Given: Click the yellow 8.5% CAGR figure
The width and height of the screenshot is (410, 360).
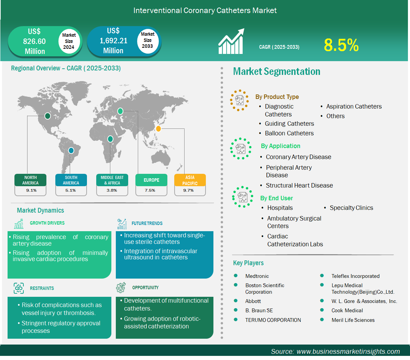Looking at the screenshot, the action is (x=341, y=45).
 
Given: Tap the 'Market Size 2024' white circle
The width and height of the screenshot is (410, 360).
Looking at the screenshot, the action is (x=69, y=41).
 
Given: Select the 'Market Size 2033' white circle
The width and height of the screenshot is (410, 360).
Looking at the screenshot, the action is (x=147, y=41).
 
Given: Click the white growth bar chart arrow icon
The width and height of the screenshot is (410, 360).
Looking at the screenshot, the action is (x=231, y=41).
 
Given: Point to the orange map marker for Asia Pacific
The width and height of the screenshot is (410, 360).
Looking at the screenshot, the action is (x=158, y=128).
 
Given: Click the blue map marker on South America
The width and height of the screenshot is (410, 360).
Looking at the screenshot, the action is (x=71, y=150).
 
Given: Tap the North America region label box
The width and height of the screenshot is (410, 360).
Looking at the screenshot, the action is (x=30, y=180).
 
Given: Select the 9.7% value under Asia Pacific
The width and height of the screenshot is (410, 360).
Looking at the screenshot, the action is (x=188, y=190).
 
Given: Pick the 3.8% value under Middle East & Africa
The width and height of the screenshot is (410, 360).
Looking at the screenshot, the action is (x=112, y=190).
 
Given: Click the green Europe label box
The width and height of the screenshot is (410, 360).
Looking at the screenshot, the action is (x=152, y=180).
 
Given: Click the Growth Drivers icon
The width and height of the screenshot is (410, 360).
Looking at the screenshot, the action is (x=19, y=224).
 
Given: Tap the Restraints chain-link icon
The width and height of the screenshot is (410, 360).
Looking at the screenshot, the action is (x=19, y=288).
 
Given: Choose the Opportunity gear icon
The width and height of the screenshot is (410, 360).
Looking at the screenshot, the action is (x=121, y=288).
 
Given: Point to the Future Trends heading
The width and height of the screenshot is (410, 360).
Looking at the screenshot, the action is (x=147, y=223).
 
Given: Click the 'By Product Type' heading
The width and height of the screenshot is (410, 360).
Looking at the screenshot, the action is (x=277, y=97).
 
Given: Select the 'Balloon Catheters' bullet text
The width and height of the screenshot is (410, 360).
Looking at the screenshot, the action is (x=289, y=133).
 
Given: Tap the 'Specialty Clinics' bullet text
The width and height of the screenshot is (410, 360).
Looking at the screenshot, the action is (x=352, y=208).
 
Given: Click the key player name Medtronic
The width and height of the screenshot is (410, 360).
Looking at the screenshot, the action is (x=257, y=276).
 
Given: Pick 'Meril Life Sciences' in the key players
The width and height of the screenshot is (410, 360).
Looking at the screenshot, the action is (x=353, y=320).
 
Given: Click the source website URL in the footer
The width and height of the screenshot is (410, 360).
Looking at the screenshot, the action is (x=348, y=351).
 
